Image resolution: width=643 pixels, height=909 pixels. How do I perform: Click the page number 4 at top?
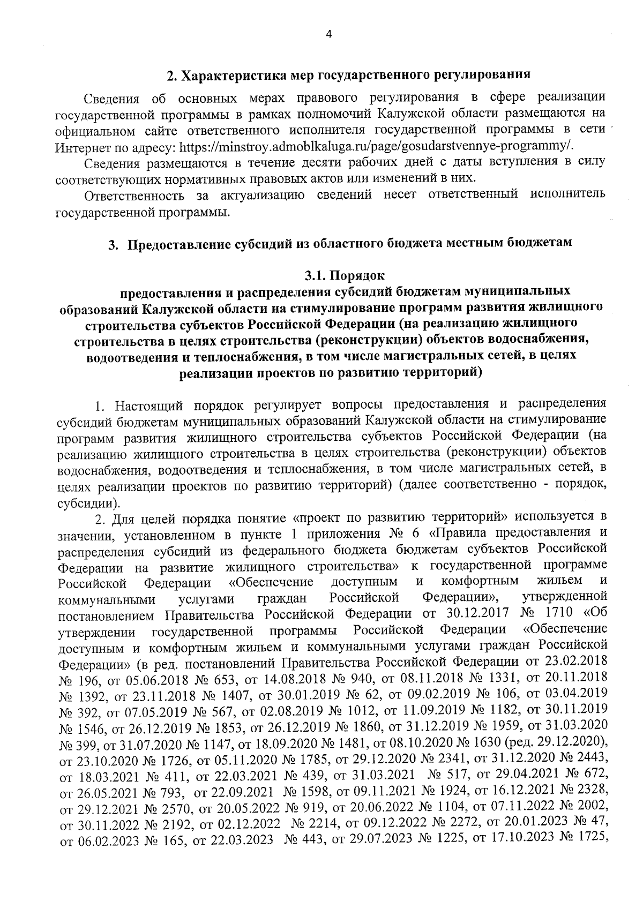[x=329, y=34]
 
